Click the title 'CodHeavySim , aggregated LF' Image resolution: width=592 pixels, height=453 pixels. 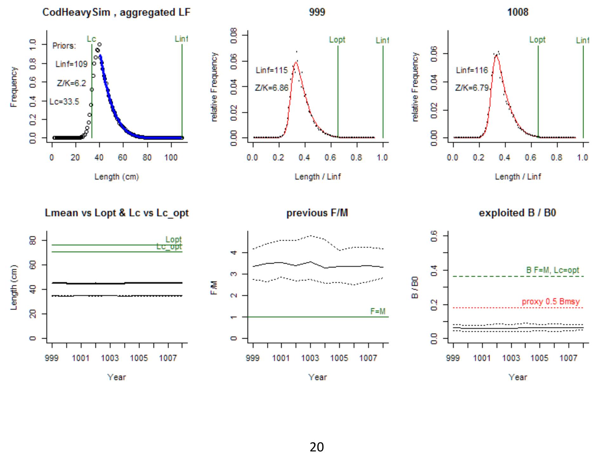[x=116, y=12]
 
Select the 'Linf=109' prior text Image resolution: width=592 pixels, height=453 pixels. [x=71, y=64]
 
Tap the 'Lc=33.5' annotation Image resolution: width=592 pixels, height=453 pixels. [x=64, y=102]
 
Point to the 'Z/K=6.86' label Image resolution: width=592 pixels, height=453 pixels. [x=271, y=88]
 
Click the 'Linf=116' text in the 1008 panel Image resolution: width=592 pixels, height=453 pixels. [x=472, y=70]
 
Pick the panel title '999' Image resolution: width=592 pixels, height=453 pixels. [x=317, y=12]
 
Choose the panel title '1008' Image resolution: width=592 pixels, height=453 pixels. [x=517, y=12]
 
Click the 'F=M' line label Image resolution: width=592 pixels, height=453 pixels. [x=378, y=311]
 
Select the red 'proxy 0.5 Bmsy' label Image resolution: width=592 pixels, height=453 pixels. [x=551, y=301]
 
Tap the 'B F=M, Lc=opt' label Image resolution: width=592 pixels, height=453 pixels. [x=553, y=270]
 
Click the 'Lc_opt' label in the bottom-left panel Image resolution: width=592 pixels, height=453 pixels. [x=169, y=247]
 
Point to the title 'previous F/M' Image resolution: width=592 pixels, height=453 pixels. [x=317, y=213]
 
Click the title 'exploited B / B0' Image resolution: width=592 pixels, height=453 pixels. [x=517, y=213]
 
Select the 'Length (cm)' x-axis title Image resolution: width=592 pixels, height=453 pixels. [x=116, y=177]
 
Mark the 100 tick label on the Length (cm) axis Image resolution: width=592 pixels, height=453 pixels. [x=171, y=158]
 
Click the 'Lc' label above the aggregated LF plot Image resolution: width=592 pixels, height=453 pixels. [x=91, y=39]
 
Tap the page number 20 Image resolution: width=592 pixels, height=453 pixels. [x=316, y=447]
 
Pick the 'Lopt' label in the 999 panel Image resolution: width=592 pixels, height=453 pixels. [x=337, y=40]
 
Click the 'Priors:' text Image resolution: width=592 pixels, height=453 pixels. [x=64, y=46]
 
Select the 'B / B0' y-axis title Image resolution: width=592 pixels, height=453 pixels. [x=415, y=287]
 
